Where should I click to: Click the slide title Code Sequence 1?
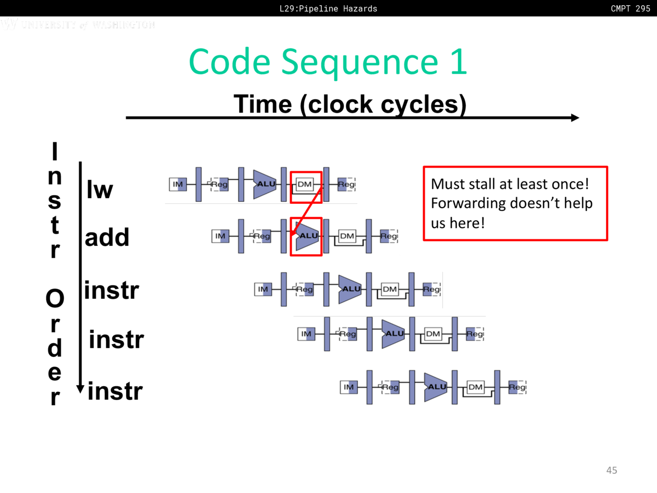pos(328,62)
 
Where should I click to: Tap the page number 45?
pos(611,470)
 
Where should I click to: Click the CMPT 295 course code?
pos(630,8)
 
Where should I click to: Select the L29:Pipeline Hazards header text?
pos(328,8)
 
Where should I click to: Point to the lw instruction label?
pos(100,189)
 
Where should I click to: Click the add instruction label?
pos(107,237)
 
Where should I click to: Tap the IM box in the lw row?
pos(178,184)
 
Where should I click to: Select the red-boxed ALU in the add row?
pos(307,236)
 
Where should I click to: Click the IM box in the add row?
pos(220,236)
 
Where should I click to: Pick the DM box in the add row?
pos(347,236)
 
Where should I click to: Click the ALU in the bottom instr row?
pos(436,387)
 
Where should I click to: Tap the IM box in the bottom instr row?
pos(349,387)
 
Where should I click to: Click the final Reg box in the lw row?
pos(346,184)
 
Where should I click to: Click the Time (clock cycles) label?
pos(350,104)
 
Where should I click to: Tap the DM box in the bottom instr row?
pos(476,387)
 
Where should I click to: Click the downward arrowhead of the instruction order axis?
pos(80,389)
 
